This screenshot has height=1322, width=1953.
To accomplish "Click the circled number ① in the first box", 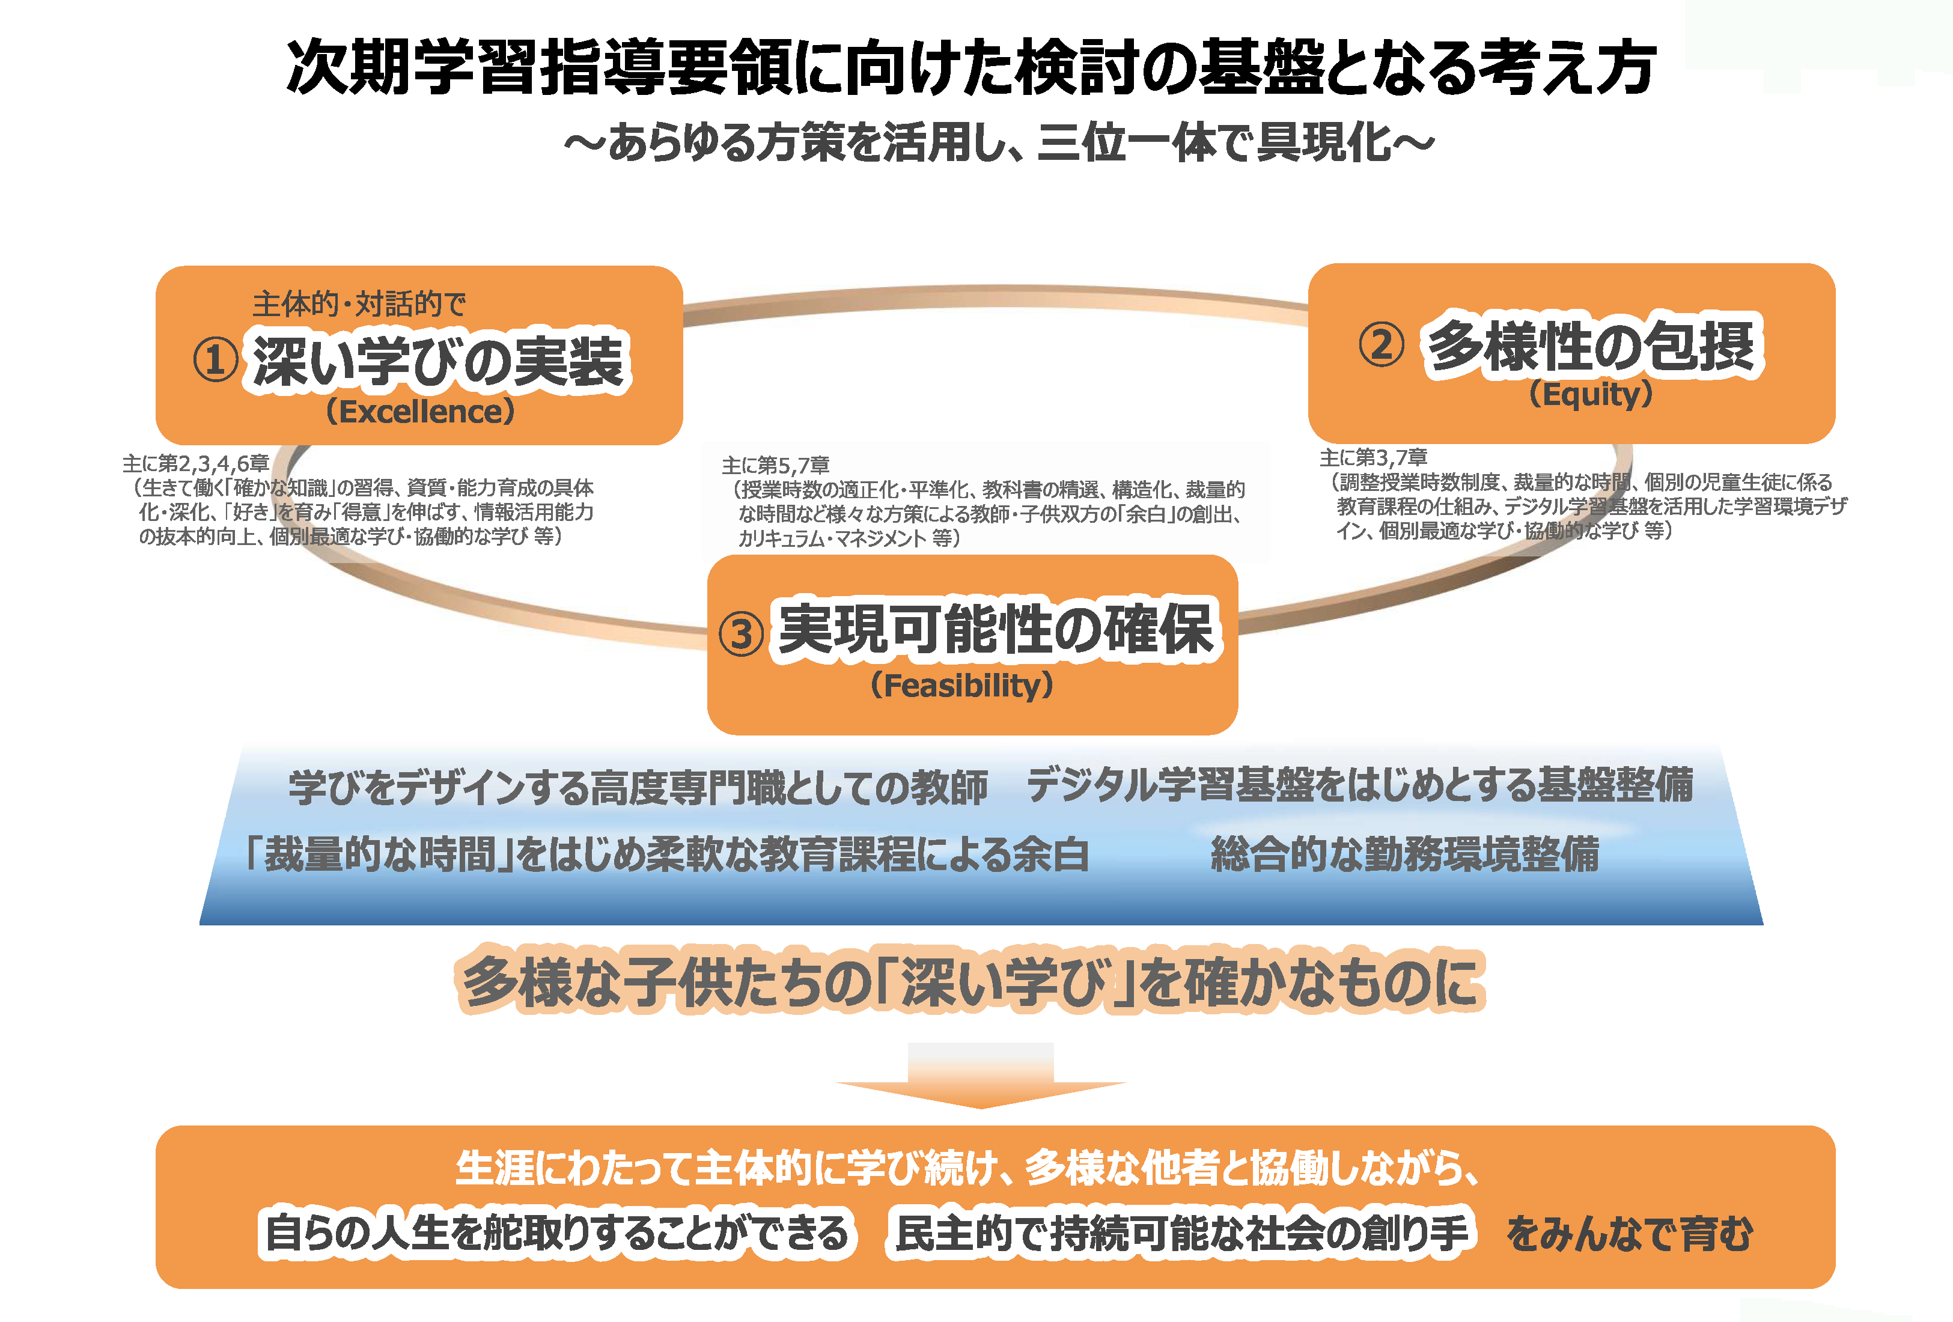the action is pos(215,360).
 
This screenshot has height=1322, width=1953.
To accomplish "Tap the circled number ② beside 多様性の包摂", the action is pos(1382,344).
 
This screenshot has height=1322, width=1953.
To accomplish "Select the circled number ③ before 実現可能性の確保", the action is pos(741,634).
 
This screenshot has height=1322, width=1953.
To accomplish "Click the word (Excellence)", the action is pos(420,412).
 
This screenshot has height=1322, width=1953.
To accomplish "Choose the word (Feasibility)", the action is pos(962,685).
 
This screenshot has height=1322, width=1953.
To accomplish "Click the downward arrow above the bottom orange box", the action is pos(981,1076).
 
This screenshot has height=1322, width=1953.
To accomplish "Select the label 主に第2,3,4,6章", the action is pos(196,463).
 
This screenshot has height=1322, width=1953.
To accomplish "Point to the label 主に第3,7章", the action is pos(1374,457).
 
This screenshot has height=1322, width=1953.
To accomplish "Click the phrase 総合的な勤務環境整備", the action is pos(1405,854).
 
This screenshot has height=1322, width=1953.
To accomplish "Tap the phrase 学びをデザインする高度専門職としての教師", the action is pos(638,787).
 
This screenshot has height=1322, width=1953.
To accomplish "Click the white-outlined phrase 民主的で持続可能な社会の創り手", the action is pos(1181,1233).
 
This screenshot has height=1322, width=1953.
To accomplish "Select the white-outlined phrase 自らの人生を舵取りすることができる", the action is pos(557,1233).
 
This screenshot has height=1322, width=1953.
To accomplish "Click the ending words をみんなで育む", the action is pos(1629,1234).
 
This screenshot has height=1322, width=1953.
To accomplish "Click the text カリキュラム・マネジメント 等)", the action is pos(849,538).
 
